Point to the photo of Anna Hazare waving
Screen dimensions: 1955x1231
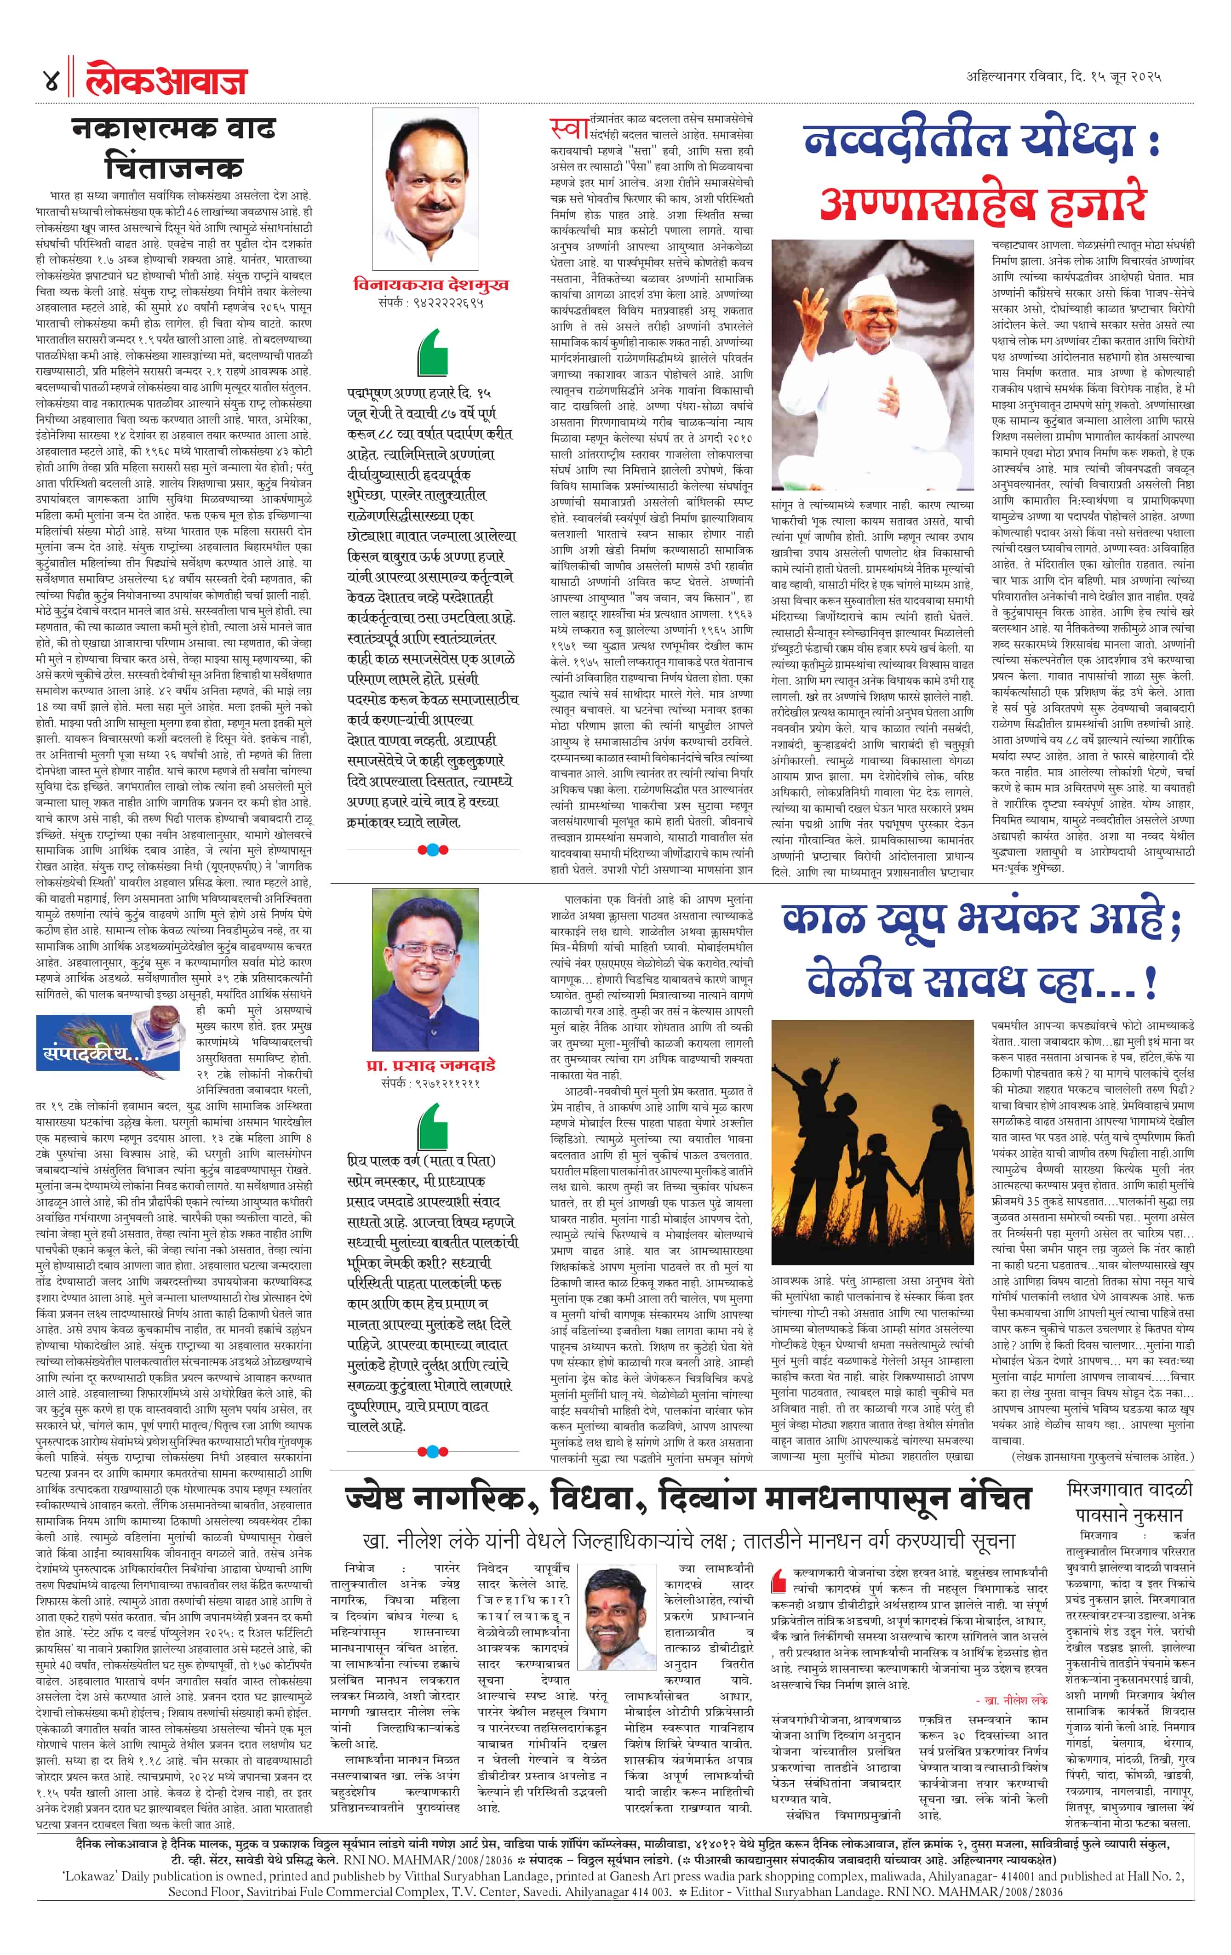(872, 366)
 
